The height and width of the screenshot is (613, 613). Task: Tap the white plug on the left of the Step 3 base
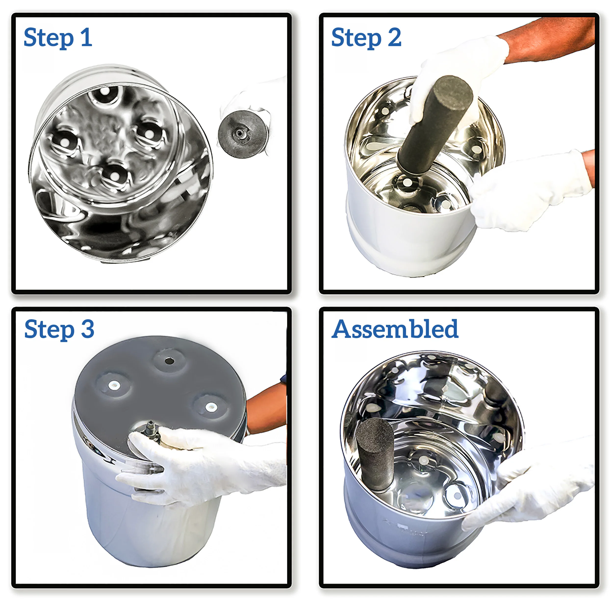(114, 385)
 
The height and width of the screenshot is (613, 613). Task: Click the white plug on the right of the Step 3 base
(210, 407)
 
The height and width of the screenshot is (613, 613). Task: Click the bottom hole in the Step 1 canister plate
(115, 176)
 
